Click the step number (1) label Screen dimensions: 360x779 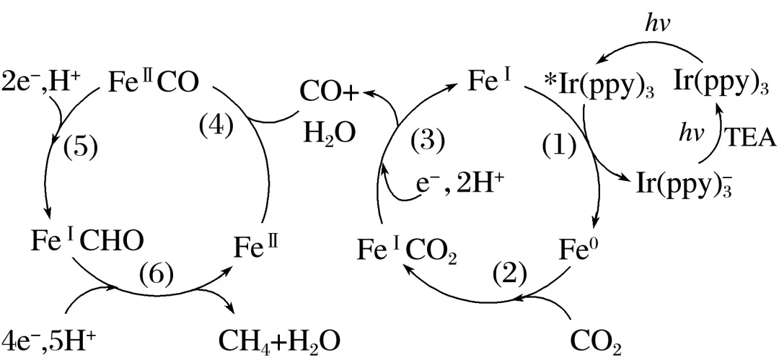560,146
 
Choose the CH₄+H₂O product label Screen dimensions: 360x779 278,338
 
